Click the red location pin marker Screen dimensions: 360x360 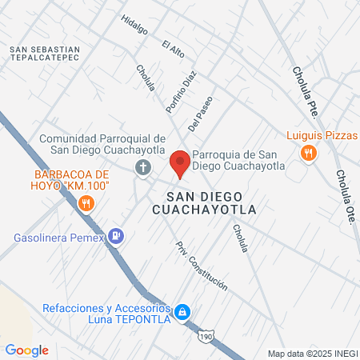point(180,164)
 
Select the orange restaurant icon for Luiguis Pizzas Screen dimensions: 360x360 point(306,153)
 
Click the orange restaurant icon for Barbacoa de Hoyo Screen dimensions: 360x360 point(86,206)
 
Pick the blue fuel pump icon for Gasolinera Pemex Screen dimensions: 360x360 point(118,236)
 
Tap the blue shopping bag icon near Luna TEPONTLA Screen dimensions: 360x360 point(182,311)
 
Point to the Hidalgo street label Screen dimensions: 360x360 point(134,25)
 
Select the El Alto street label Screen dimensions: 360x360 point(173,49)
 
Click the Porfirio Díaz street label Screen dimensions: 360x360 point(181,91)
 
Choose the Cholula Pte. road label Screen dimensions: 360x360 point(306,91)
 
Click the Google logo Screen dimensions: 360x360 point(27,350)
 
